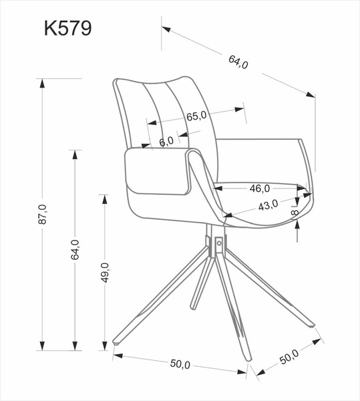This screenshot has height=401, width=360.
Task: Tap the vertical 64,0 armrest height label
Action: (x=75, y=249)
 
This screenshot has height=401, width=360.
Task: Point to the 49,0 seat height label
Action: (x=105, y=273)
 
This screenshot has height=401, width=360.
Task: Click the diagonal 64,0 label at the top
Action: (x=238, y=63)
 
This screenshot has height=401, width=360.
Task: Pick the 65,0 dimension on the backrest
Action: (x=196, y=116)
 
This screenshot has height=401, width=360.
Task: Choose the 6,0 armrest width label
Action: (x=166, y=140)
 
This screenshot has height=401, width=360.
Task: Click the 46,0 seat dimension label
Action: (x=260, y=188)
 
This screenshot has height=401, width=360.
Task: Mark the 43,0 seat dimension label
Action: (x=268, y=205)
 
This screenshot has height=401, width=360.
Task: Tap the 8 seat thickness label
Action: (x=295, y=212)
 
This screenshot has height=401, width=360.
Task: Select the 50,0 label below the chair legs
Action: (x=180, y=364)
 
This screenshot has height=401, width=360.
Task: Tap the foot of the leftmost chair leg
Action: (x=118, y=342)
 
